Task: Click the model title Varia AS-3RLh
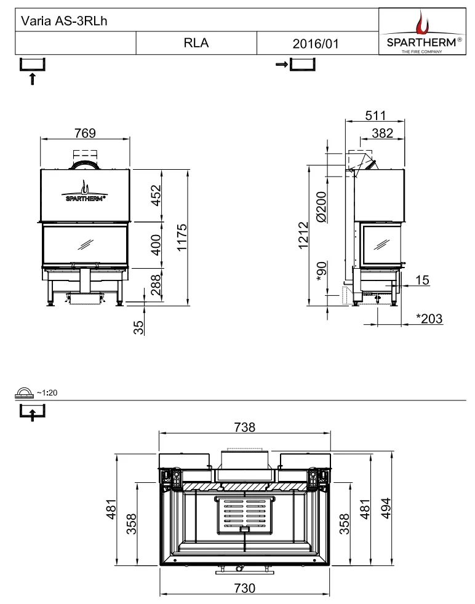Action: [64, 21]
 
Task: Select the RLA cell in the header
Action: [196, 43]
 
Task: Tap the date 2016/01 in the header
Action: [316, 44]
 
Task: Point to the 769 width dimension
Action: [85, 133]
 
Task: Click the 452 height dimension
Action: [155, 196]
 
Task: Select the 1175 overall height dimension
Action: [182, 237]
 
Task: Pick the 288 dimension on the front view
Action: [155, 285]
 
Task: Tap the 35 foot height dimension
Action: [138, 327]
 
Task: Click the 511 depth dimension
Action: [375, 115]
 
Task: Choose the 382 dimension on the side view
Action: [383, 133]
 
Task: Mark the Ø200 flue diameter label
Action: [321, 207]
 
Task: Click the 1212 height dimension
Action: [303, 236]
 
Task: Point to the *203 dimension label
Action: [429, 319]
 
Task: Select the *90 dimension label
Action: [321, 272]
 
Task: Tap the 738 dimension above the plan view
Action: [245, 427]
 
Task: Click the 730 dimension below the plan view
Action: [245, 588]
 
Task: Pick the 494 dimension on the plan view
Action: [386, 508]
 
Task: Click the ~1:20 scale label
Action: [47, 392]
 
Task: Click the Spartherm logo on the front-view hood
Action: [84, 191]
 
